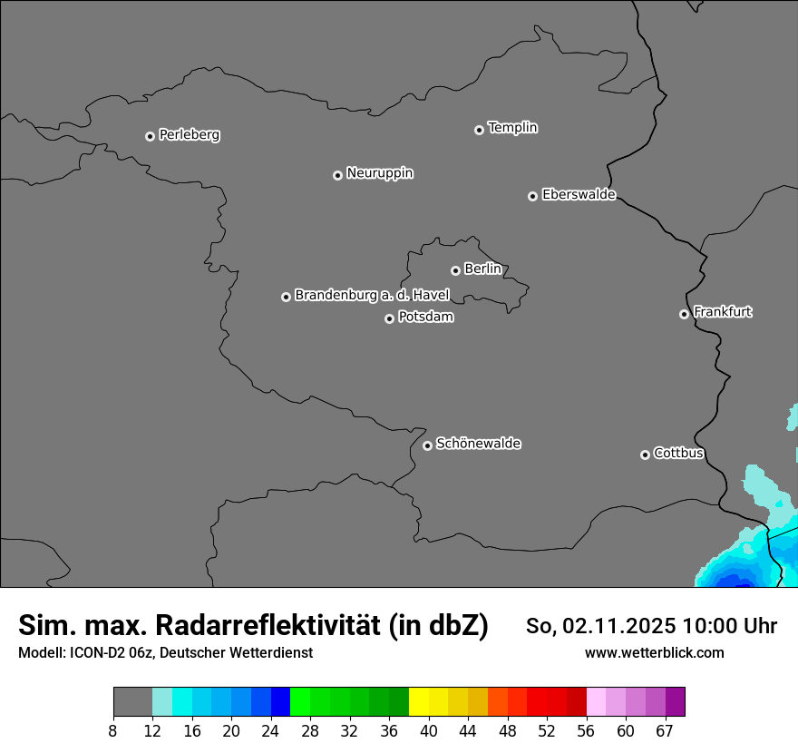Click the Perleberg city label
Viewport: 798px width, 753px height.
(190, 135)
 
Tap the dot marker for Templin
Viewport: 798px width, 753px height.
(479, 130)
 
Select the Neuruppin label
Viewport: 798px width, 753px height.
(380, 173)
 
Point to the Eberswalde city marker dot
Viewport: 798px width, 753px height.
(532, 196)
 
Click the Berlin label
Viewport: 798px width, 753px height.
(482, 269)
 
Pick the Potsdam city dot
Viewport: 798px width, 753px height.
(389, 318)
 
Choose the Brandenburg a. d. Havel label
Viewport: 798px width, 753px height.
(372, 296)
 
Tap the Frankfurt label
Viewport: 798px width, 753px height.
(723, 312)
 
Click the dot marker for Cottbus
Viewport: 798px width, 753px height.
(645, 455)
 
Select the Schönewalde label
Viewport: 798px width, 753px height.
(479, 444)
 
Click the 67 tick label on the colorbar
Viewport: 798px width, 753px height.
(664, 730)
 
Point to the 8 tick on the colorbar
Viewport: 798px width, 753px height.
(113, 730)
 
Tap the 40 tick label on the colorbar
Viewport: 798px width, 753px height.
(429, 730)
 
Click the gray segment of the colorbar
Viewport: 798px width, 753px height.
(132, 702)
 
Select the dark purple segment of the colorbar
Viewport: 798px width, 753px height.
(675, 702)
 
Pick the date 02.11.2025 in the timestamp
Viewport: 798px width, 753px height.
(618, 626)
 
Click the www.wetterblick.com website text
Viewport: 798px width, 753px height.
(654, 653)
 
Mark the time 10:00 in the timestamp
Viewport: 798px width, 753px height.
(710, 626)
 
